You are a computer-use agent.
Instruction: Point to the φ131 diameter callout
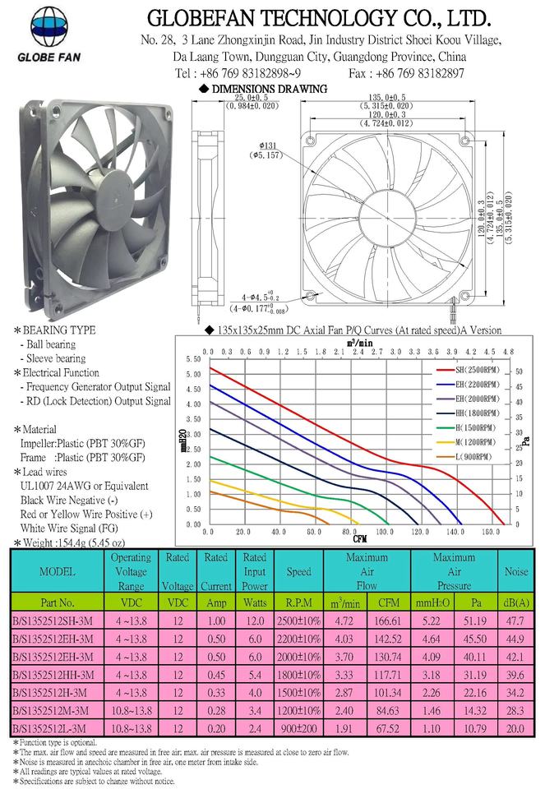pos(266,150)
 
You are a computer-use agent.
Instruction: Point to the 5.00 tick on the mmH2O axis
pos(194,375)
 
